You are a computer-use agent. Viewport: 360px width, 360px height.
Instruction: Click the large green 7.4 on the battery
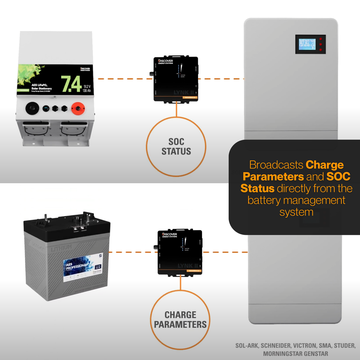pyautogui.click(x=71, y=84)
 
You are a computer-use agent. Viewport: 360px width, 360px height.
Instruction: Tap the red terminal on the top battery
pyautogui.click(x=76, y=109)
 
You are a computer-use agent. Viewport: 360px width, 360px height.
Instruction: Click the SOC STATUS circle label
pyautogui.click(x=176, y=147)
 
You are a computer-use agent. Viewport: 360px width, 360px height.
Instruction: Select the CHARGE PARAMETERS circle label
pyautogui.click(x=180, y=320)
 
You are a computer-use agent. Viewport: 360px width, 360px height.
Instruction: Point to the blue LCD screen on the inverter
pyautogui.click(x=307, y=44)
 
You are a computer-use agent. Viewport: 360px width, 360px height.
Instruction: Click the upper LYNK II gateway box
pyautogui.click(x=176, y=79)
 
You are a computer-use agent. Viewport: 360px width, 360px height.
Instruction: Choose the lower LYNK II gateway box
pyautogui.click(x=180, y=252)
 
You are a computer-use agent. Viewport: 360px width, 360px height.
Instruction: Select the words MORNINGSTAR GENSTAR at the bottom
pyautogui.click(x=295, y=354)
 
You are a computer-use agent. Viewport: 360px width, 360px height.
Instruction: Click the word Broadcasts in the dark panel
pyautogui.click(x=276, y=165)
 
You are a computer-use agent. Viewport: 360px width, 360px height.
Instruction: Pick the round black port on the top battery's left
pyautogui.click(x=32, y=108)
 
